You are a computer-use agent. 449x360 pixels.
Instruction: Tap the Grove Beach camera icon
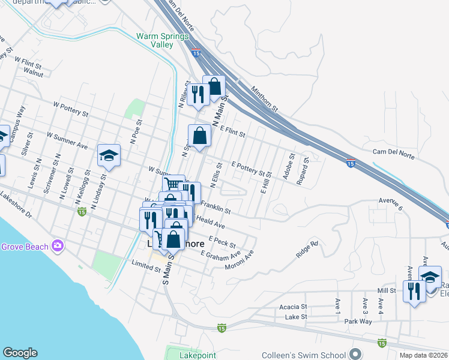coord(58,245)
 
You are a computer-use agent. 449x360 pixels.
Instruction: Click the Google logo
coord(20,353)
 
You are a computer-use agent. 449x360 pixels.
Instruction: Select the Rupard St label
coord(306,168)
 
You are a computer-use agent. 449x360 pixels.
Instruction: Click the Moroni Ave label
coord(240,260)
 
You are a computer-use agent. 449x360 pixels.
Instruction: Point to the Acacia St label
coord(294,307)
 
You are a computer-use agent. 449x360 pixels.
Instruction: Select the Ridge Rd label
coord(306,249)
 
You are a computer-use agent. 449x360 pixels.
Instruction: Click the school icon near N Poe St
coord(109,155)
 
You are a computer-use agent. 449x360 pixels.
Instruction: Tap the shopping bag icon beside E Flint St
coord(199,135)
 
